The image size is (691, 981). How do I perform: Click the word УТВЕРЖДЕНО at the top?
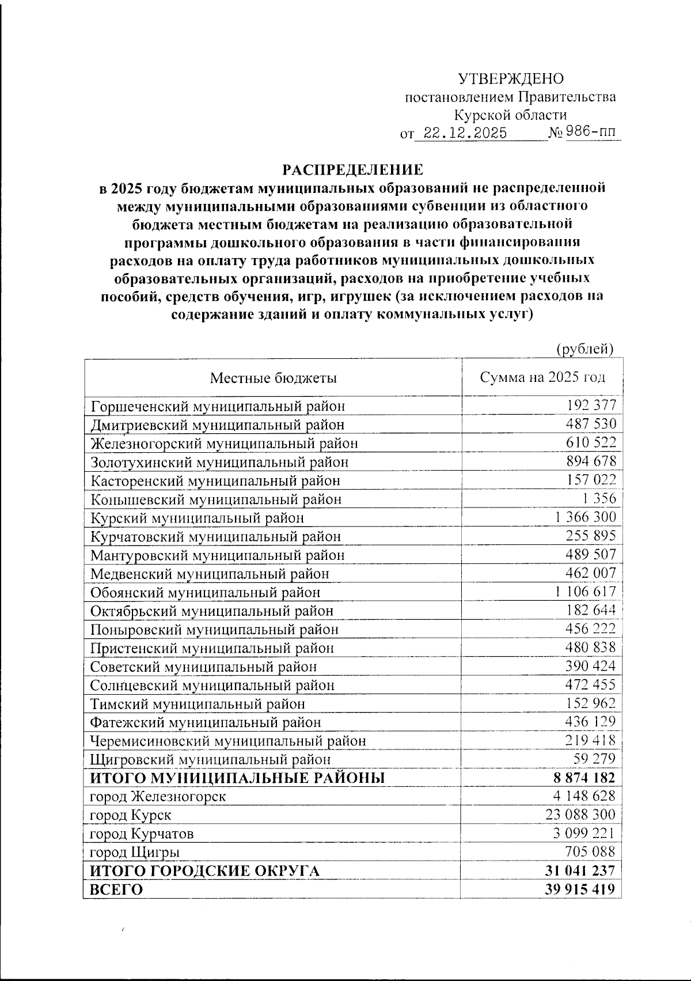click(x=511, y=79)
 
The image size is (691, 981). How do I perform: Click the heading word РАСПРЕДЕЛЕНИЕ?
click(x=352, y=170)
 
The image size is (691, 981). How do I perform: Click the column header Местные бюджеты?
click(x=273, y=378)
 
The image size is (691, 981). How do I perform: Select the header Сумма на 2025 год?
click(x=542, y=377)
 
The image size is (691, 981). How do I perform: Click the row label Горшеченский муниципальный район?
click(x=218, y=406)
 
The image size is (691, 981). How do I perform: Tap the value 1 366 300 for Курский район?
click(x=586, y=517)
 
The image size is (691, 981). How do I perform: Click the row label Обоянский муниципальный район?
click(x=205, y=592)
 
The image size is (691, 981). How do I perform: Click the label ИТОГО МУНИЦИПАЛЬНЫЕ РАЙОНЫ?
click(x=237, y=778)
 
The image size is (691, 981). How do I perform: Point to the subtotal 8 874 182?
click(x=584, y=778)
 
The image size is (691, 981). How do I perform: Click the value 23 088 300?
click(x=580, y=815)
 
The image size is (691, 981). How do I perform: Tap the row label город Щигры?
click(x=135, y=853)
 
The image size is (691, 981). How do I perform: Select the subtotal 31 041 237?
click(x=580, y=870)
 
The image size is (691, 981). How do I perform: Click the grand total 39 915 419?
click(x=580, y=889)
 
